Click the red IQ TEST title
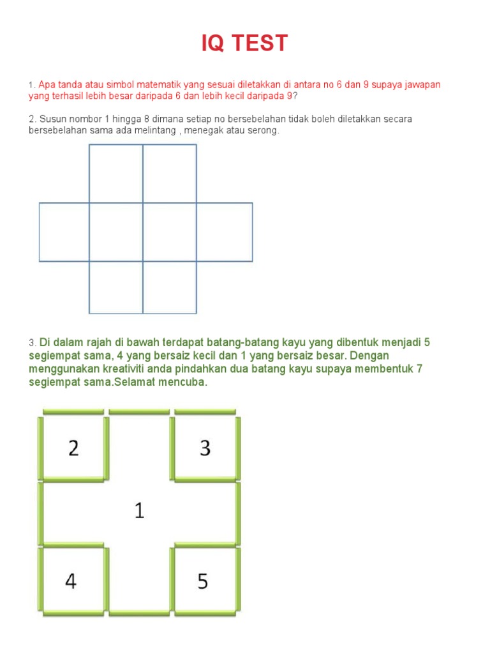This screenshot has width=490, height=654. coord(245,43)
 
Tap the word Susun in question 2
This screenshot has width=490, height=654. coord(53,119)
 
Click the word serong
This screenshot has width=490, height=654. coord(265,130)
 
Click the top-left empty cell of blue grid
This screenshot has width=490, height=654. coord(115,174)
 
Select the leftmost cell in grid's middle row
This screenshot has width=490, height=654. coord(64,232)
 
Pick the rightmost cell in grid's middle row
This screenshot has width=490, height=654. coord(225,232)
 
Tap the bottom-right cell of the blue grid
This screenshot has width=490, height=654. coord(170,287)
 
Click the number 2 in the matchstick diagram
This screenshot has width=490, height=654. coord(73,448)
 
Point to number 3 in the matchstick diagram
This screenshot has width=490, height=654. coord(205,448)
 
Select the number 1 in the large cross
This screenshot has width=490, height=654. coord(139,510)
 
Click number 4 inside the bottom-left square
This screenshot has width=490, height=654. coord(71,581)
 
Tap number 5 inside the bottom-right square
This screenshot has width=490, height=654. coord(203,581)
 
